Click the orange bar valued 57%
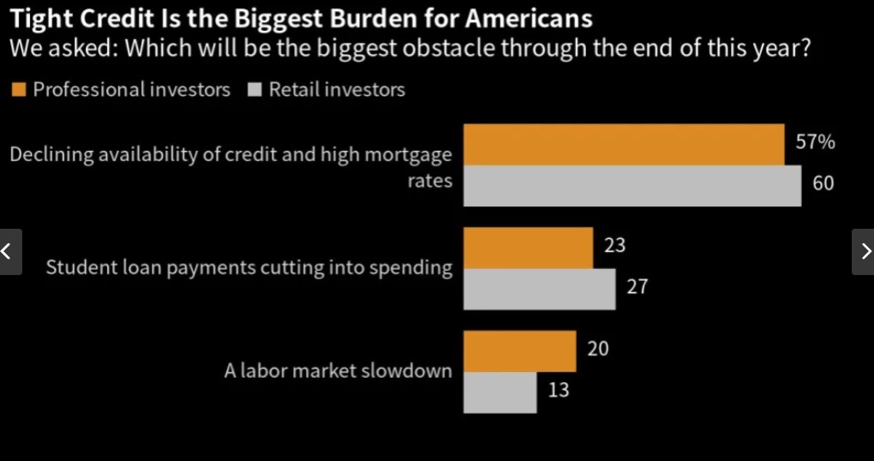pyautogui.click(x=624, y=145)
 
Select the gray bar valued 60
pyautogui.click(x=632, y=186)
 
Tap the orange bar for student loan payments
pyautogui.click(x=528, y=248)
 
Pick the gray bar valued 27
pyautogui.click(x=539, y=289)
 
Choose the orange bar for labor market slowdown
pyautogui.click(x=519, y=351)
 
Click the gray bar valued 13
pyautogui.click(x=500, y=392)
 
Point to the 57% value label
pyautogui.click(x=815, y=143)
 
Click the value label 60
pyautogui.click(x=823, y=183)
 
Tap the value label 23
pyautogui.click(x=614, y=246)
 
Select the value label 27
pyautogui.click(x=637, y=287)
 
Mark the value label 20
pyautogui.click(x=598, y=349)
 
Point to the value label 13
pyautogui.click(x=558, y=391)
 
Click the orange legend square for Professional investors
pyautogui.click(x=20, y=90)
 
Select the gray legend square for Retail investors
pyautogui.click(x=254, y=90)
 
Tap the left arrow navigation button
pyautogui.click(x=9, y=252)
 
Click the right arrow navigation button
pyautogui.click(x=864, y=252)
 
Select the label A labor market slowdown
pyautogui.click(x=338, y=372)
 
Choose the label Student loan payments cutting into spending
pyautogui.click(x=248, y=268)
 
